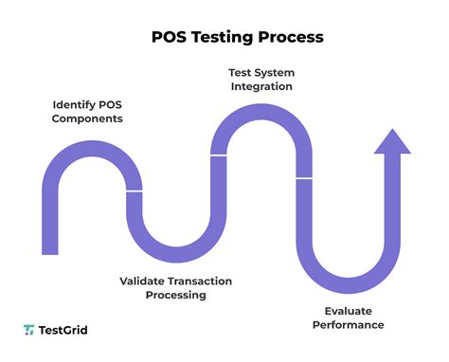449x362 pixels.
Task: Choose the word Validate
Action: pyautogui.click(x=147, y=281)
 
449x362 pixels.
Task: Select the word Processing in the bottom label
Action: pyautogui.click(x=175, y=295)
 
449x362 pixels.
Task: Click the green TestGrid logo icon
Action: pyautogui.click(x=29, y=330)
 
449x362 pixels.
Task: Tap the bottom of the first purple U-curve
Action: pyautogui.click(x=176, y=258)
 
